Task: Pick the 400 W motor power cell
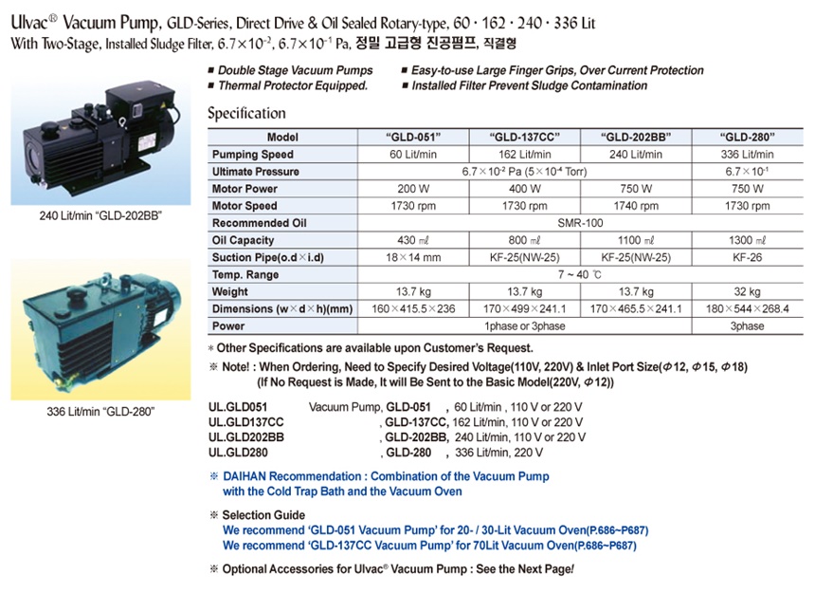(x=524, y=189)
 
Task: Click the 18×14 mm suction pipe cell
(x=413, y=257)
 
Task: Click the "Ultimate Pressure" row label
(x=255, y=172)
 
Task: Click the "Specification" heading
(x=246, y=113)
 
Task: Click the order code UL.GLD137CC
(x=245, y=421)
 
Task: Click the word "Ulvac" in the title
(x=33, y=20)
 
